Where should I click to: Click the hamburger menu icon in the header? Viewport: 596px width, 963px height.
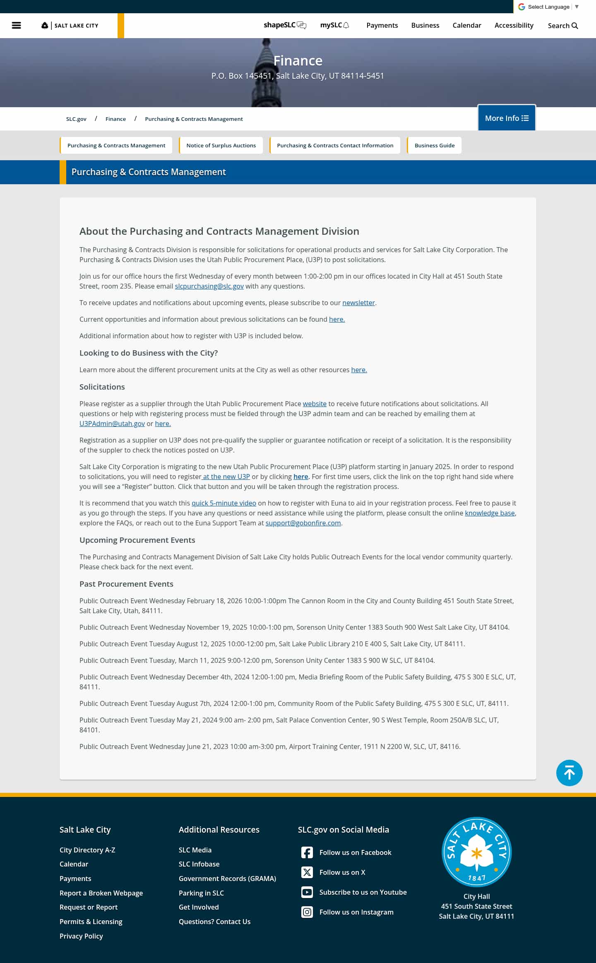coord(16,25)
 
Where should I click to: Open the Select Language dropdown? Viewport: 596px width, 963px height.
coord(548,7)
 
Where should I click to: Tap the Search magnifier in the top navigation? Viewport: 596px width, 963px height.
coord(574,26)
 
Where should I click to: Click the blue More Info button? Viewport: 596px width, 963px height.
coord(507,118)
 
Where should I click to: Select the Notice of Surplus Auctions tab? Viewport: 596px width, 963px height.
coord(221,145)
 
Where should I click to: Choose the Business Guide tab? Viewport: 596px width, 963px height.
coord(434,145)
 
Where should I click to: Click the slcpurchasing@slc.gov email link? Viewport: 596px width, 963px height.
coord(209,286)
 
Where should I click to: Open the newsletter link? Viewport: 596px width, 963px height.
coord(358,303)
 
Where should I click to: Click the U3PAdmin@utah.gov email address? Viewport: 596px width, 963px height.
coord(112,424)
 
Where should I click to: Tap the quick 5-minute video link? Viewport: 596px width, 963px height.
coord(223,503)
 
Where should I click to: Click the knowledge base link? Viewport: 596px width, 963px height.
coord(490,513)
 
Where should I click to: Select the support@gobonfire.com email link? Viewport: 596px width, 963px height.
coord(303,523)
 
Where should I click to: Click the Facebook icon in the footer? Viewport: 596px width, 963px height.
coord(307,852)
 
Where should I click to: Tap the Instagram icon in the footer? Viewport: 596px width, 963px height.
coord(307,912)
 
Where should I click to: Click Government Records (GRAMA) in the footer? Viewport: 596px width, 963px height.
coord(227,879)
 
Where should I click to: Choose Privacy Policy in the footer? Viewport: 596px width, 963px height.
coord(81,936)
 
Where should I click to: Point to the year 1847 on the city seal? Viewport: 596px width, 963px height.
coord(477,878)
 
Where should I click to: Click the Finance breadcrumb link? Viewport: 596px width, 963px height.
coord(115,119)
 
